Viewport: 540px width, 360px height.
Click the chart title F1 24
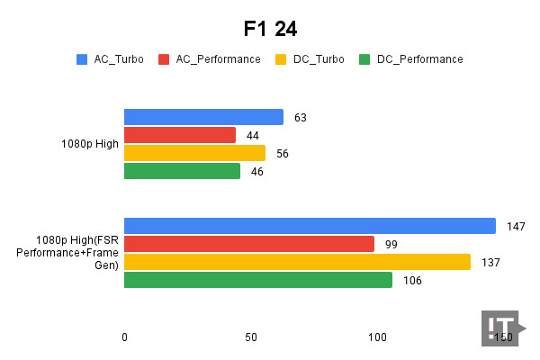pos(270,29)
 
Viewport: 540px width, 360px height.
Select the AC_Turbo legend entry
pos(108,59)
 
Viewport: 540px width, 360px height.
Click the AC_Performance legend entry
pos(210,59)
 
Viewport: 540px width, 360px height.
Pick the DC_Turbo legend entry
pos(310,59)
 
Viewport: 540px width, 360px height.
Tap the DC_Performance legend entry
pos(411,59)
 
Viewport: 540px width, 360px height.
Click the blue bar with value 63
pos(203,117)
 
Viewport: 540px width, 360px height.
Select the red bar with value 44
pos(180,135)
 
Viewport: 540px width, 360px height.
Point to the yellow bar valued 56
pos(194,153)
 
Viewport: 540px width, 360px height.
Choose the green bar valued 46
pos(182,171)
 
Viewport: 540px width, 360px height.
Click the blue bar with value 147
pos(310,226)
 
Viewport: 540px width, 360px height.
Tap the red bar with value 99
pos(249,244)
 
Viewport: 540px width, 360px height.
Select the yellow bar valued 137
pos(297,262)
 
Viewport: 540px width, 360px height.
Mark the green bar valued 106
pos(258,280)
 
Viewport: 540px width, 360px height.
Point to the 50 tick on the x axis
pos(251,337)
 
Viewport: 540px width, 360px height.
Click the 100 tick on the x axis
pos(377,337)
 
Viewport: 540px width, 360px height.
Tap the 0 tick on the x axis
pos(124,337)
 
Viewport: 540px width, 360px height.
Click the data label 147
pos(516,226)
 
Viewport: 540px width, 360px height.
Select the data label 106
pos(412,280)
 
